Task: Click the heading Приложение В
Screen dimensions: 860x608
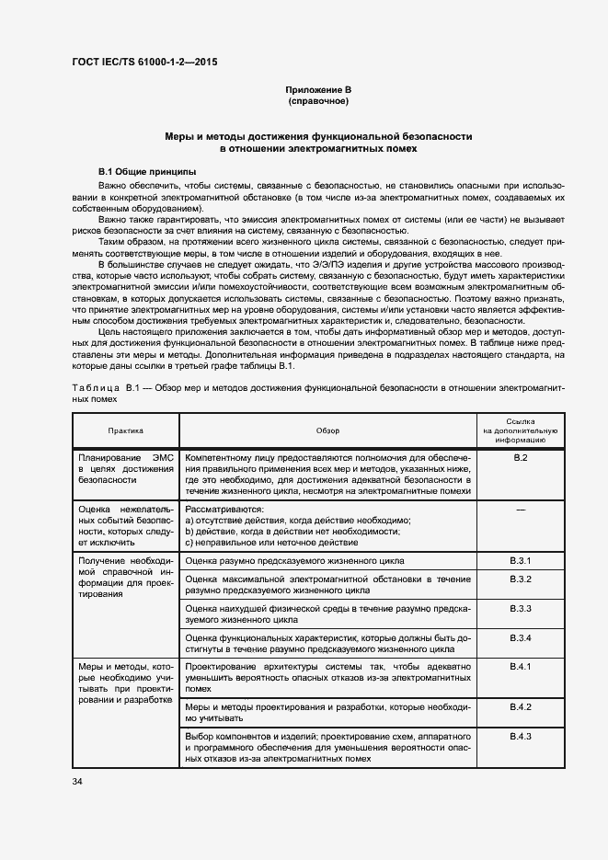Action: point(318,89)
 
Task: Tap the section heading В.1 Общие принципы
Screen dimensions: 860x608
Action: point(146,172)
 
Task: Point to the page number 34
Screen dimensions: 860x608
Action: point(77,781)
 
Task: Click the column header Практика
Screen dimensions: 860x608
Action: point(125,430)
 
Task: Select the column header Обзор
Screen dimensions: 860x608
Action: point(327,430)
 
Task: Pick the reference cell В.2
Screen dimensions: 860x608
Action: point(520,458)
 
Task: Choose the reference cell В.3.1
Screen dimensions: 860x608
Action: point(521,560)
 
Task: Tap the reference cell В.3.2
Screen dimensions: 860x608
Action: point(521,579)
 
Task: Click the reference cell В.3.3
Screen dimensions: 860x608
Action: point(521,609)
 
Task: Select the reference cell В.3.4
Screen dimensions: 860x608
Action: point(521,638)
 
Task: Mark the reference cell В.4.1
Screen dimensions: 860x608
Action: point(521,666)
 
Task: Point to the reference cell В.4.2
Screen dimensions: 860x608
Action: point(521,706)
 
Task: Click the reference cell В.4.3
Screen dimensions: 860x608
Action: point(521,737)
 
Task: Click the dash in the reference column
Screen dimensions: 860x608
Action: point(521,509)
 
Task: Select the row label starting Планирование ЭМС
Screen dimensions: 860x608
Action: point(125,468)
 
